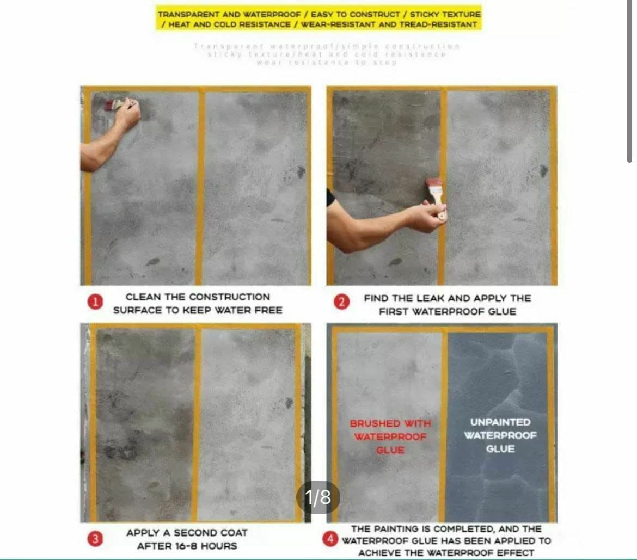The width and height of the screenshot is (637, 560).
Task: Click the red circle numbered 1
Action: tap(95, 303)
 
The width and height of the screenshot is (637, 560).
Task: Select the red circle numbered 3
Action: tap(95, 539)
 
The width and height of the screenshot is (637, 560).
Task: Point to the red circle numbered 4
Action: tap(329, 539)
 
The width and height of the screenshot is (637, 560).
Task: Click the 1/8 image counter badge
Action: tap(318, 497)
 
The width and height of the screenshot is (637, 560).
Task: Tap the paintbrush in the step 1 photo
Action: tap(115, 104)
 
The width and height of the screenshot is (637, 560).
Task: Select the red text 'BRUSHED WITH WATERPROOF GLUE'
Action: tap(390, 436)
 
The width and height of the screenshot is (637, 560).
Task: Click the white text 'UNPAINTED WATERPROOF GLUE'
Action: tap(500, 435)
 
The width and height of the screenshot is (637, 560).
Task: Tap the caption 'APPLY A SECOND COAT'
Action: tap(187, 533)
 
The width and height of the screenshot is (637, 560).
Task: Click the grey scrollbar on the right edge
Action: tap(629, 82)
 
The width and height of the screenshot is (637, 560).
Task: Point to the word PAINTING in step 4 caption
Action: tap(394, 528)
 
